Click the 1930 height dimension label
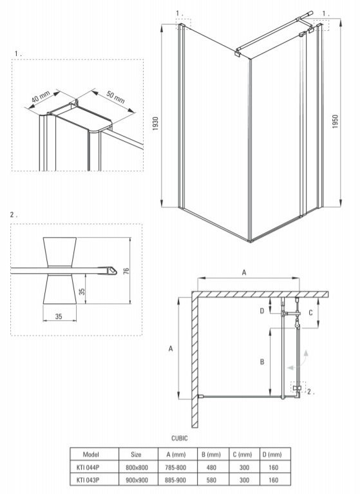point(156,124)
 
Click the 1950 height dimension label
point(335,122)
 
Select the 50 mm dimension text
point(115,97)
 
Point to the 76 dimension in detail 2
point(126,271)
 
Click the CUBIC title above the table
point(180,438)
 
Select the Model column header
point(91,454)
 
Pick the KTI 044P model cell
point(88,468)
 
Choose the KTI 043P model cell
point(88,480)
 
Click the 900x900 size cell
point(137,480)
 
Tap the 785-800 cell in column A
point(175,468)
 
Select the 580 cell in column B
point(211,480)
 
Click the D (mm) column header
point(272,454)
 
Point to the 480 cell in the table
point(211,468)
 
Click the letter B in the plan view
point(262,362)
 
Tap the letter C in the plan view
point(310,313)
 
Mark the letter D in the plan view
point(262,311)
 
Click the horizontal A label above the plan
point(244,272)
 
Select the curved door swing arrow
point(299,360)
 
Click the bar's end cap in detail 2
point(111,271)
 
